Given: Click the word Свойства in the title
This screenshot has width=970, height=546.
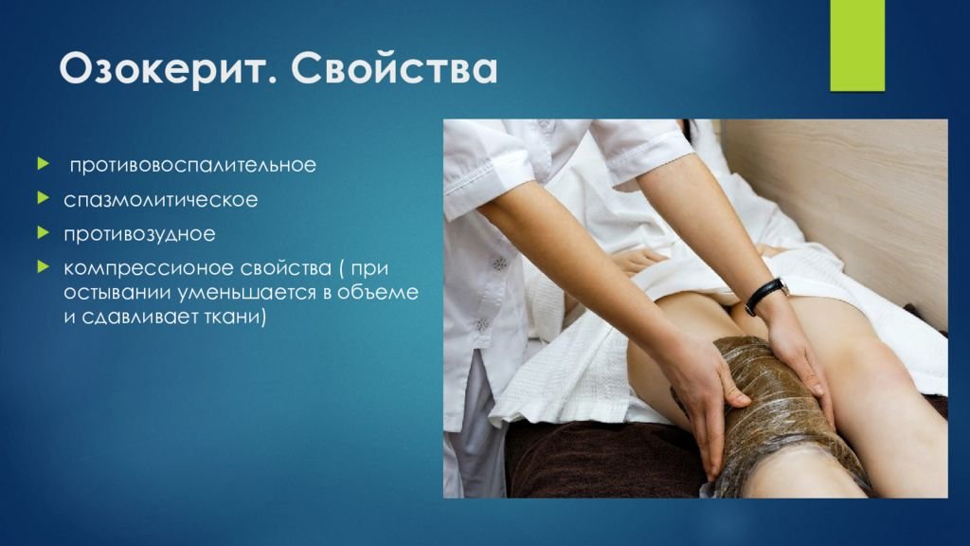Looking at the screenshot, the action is pyautogui.click(x=395, y=68).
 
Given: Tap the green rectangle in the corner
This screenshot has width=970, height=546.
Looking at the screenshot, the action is pyautogui.click(x=857, y=45).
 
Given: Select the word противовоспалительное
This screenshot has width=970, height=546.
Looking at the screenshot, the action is pyautogui.click(x=192, y=165).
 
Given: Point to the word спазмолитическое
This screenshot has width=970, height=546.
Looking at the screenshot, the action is pyautogui.click(x=161, y=200).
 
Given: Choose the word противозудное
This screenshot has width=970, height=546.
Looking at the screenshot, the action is pyautogui.click(x=140, y=234).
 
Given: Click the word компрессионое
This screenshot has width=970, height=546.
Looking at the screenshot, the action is pyautogui.click(x=148, y=268).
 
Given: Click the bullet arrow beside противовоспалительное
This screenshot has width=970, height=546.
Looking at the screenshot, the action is pyautogui.click(x=43, y=163).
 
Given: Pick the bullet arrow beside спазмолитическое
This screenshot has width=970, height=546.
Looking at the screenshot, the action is pyautogui.click(x=43, y=198).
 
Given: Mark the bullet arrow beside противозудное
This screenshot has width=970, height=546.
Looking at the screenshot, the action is pyautogui.click(x=43, y=233).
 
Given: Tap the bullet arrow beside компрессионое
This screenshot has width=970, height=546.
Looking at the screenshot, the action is pyautogui.click(x=43, y=266).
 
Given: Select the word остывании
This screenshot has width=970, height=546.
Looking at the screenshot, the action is pyautogui.click(x=118, y=292).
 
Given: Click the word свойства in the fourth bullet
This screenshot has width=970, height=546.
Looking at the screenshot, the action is pyautogui.click(x=285, y=268).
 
